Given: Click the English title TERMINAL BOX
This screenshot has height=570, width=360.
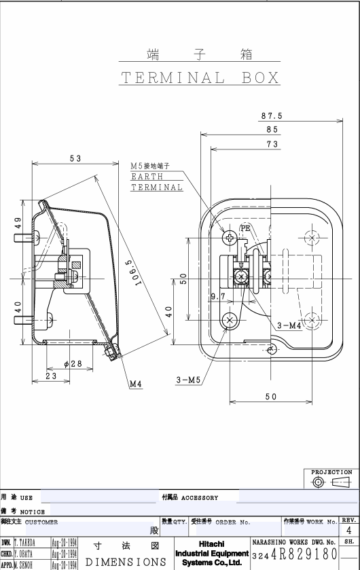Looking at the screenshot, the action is [200, 78].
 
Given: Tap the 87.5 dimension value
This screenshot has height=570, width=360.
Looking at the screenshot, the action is [272, 116].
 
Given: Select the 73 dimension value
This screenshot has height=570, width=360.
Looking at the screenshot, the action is [272, 144].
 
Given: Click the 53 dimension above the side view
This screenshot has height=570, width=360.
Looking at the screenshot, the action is [75, 158].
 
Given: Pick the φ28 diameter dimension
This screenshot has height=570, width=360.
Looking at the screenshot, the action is [73, 363].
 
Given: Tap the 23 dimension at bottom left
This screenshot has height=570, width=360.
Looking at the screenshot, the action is [51, 376].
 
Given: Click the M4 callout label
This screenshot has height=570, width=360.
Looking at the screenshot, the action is [136, 384].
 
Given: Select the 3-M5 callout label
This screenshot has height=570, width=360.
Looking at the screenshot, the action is [188, 380].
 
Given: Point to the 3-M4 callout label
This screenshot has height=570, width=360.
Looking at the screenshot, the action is [289, 325].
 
